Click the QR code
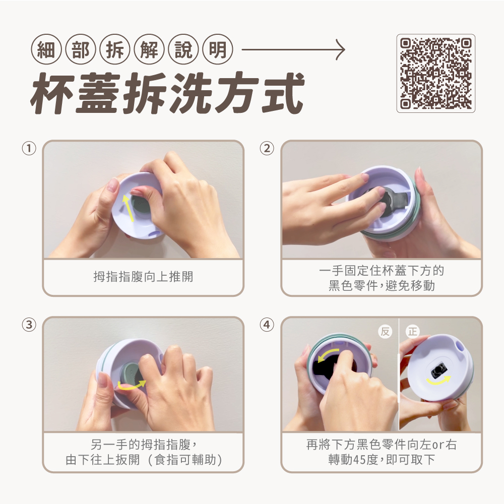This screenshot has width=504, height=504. coord(436,73)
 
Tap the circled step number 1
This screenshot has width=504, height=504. coord(29,149)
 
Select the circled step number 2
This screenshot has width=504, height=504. coord(267,149)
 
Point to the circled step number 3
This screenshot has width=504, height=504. coord(29,325)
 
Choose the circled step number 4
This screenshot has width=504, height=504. coord(267,325)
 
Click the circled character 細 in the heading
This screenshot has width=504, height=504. coord(46,49)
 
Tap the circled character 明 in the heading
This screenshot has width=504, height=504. coord(218,49)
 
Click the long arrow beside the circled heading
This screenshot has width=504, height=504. coord(293,49)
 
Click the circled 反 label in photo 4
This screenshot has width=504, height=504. coord(385,332)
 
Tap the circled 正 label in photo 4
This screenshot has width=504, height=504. coord(413,332)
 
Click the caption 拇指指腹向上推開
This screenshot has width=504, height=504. coord(143,276)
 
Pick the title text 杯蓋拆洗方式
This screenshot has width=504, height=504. coord(167,93)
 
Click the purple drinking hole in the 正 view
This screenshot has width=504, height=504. coord(460,346)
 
